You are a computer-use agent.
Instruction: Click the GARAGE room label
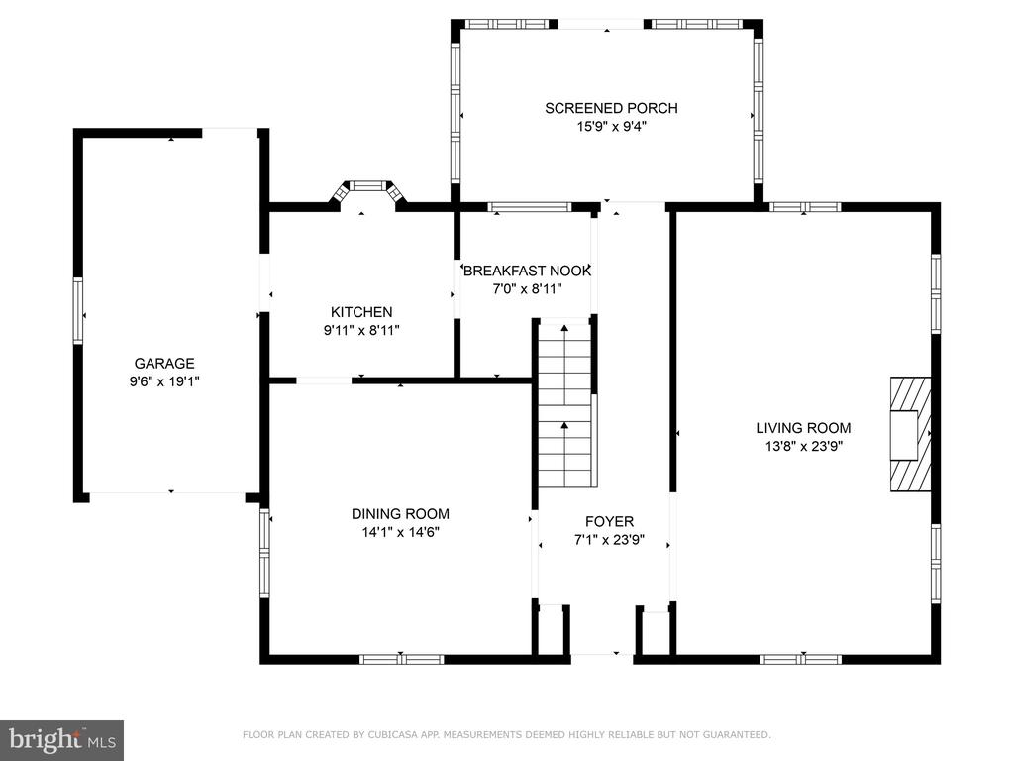tap(164, 364)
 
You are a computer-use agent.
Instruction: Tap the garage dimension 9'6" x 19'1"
tap(164, 381)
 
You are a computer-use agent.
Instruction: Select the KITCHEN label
tap(361, 312)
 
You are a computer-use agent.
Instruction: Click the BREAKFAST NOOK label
tap(527, 271)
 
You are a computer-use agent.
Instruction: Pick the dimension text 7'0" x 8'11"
tap(527, 289)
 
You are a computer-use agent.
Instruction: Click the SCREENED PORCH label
tap(611, 108)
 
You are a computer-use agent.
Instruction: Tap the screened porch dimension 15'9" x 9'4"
tap(611, 127)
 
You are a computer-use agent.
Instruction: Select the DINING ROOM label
tap(400, 514)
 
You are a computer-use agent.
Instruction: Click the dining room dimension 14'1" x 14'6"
tap(400, 532)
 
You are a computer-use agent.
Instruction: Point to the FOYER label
tap(609, 521)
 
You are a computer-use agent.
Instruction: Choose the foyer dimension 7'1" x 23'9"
tap(609, 540)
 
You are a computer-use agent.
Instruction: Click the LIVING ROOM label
tap(803, 428)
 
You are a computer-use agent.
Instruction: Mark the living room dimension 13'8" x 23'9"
tap(803, 446)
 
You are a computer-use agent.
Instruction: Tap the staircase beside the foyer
tap(565, 402)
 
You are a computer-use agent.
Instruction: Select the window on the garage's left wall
tap(78, 310)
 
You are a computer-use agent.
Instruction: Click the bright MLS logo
tap(62, 740)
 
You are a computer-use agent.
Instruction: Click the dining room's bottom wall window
tap(402, 659)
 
